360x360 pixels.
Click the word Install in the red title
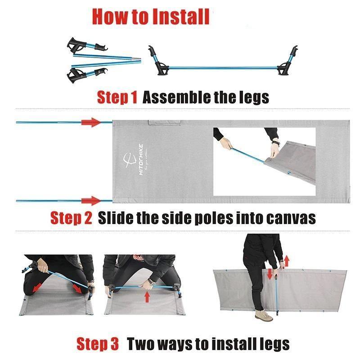(x=181, y=17)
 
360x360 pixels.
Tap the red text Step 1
(x=117, y=97)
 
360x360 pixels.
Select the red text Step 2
(x=71, y=218)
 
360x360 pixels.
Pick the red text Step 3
(x=98, y=344)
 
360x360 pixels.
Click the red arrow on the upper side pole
(x=91, y=122)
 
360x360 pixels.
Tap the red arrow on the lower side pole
(x=91, y=201)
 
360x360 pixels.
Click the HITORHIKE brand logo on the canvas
(x=134, y=160)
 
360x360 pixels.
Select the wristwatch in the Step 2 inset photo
(x=276, y=143)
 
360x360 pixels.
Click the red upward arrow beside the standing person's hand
(x=287, y=261)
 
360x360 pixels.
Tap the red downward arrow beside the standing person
(x=270, y=274)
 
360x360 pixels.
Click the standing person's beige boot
(x=264, y=316)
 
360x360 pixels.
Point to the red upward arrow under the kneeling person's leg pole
(x=147, y=297)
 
